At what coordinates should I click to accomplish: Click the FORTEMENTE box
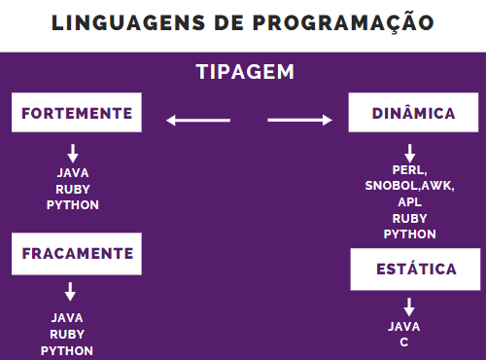click(x=77, y=113)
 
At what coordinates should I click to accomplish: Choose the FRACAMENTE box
click(x=77, y=253)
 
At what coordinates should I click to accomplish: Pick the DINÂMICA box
click(x=413, y=113)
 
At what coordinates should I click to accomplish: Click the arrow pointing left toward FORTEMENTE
click(x=197, y=120)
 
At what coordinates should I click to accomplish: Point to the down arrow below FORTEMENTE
click(x=73, y=153)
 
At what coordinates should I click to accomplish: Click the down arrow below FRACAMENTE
click(x=71, y=291)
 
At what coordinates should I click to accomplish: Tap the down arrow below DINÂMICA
click(x=409, y=153)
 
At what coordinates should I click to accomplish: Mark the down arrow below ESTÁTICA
click(x=409, y=306)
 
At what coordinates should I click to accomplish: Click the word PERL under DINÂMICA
click(x=408, y=170)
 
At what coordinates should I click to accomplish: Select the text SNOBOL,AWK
click(x=409, y=185)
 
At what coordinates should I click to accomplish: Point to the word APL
click(x=409, y=201)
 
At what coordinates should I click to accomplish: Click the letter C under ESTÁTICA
click(x=404, y=343)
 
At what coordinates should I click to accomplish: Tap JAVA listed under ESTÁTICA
click(x=404, y=327)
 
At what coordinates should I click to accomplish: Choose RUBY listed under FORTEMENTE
click(x=73, y=190)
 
